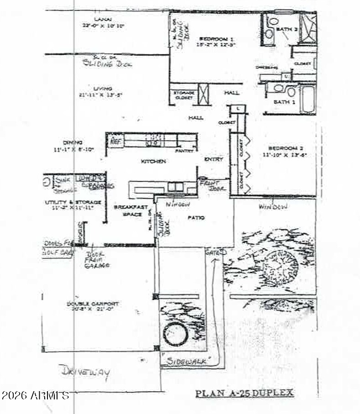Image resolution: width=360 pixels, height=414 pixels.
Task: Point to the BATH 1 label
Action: (284, 102)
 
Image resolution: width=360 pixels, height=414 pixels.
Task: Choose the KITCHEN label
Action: (153, 161)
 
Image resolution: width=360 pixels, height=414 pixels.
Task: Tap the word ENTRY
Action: (214, 159)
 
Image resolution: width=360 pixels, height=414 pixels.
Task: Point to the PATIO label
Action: (196, 218)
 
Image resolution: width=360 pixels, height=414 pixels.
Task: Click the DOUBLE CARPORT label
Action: (93, 304)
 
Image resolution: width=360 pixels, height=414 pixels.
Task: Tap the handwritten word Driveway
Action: (84, 372)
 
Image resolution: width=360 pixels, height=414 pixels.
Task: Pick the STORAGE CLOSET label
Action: (184, 95)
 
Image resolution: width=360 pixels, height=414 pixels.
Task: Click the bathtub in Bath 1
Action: (308, 99)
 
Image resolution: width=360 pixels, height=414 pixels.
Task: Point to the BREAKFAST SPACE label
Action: (128, 210)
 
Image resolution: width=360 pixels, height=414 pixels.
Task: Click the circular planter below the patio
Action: (176, 334)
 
